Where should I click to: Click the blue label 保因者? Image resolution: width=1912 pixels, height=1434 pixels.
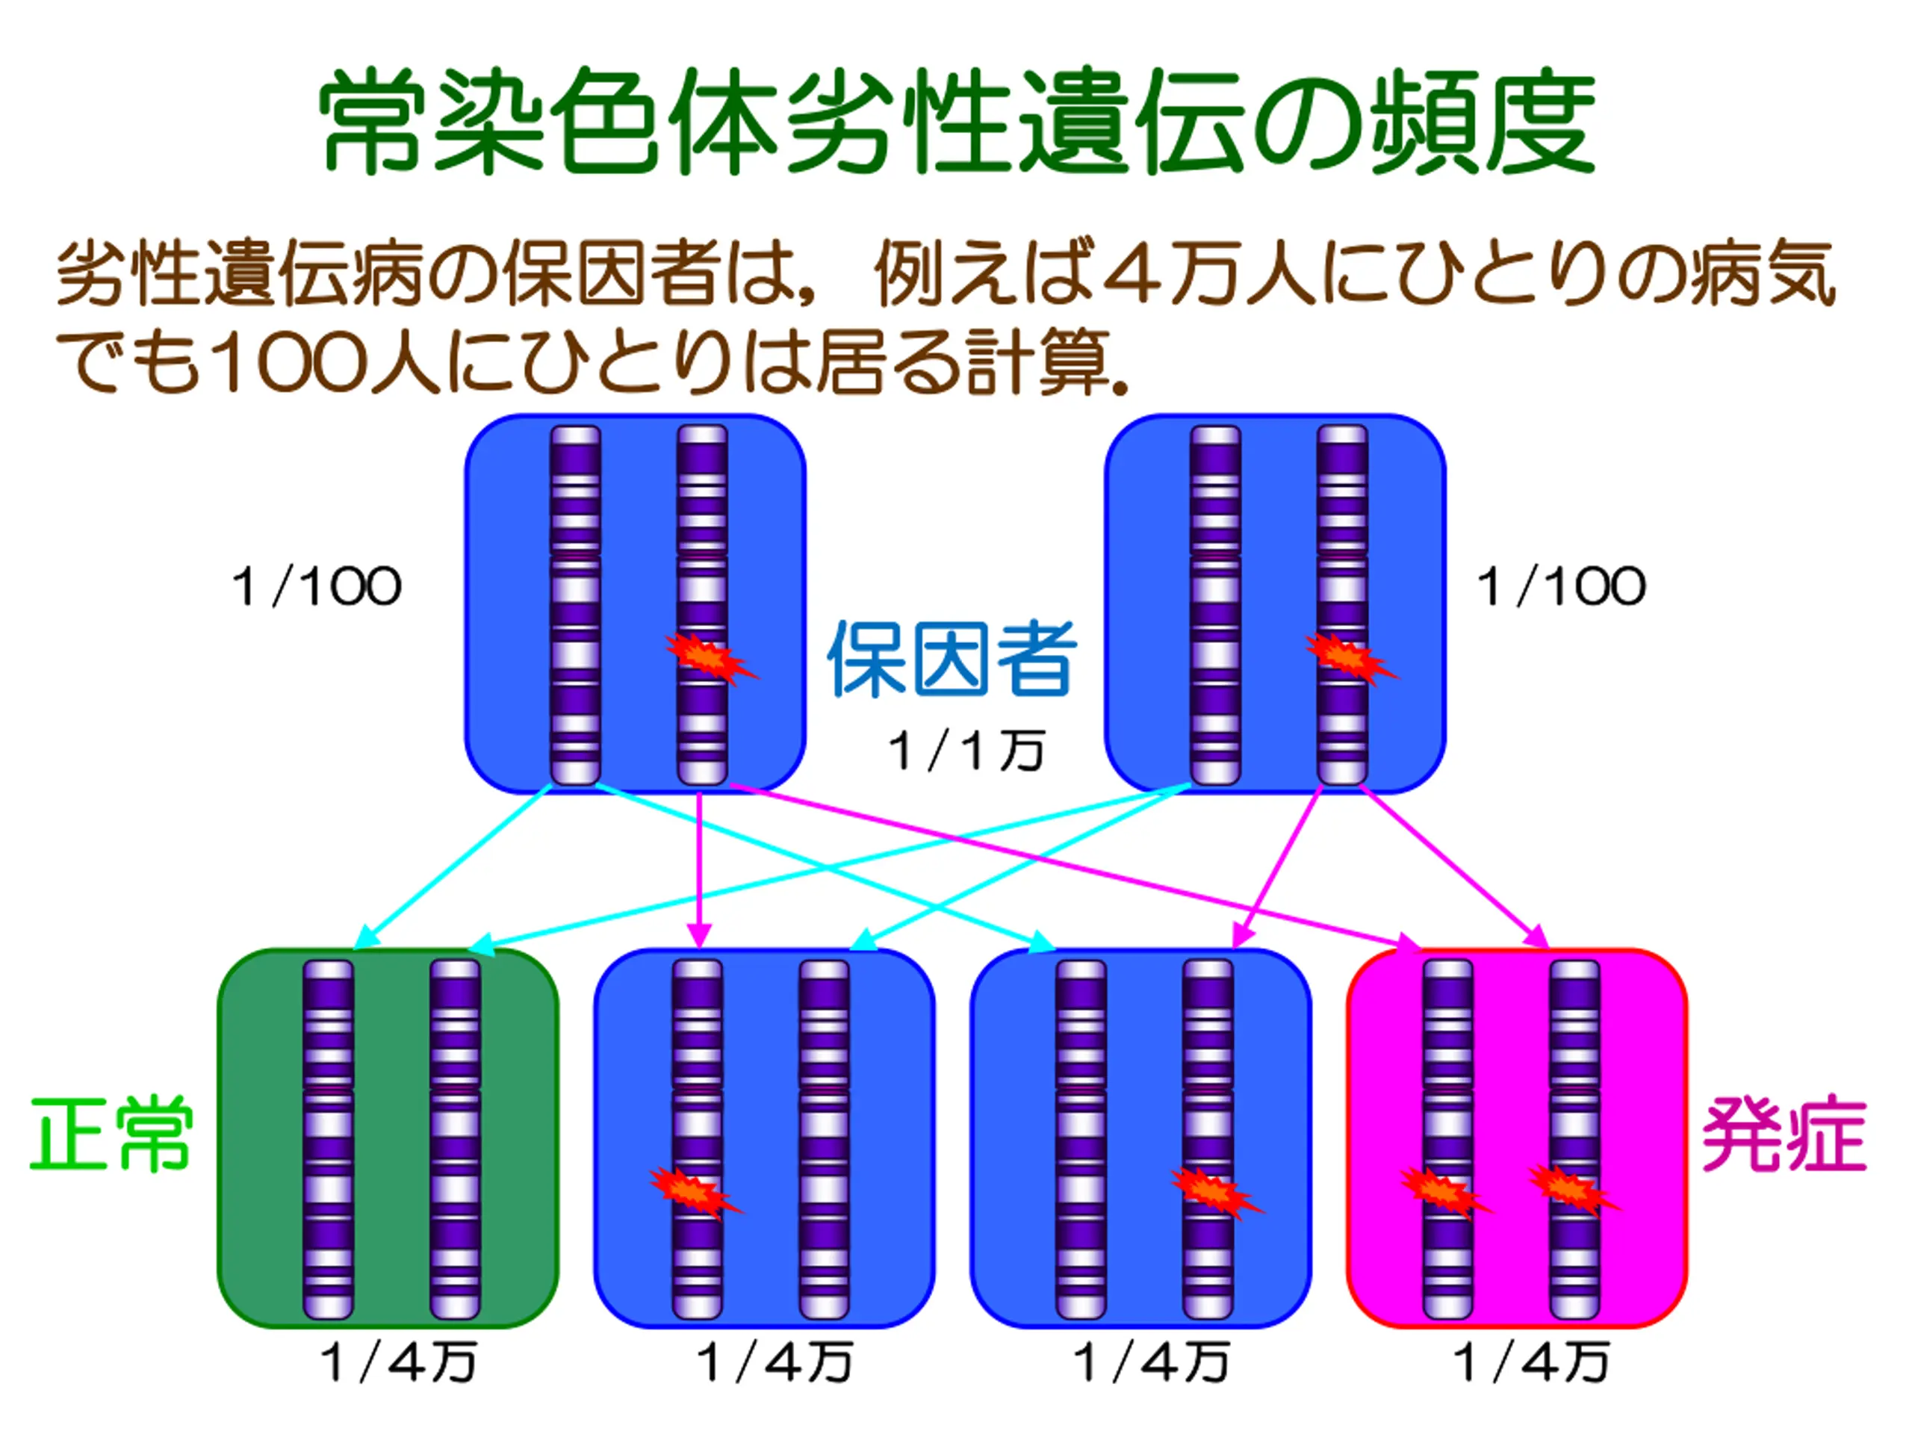click(952, 659)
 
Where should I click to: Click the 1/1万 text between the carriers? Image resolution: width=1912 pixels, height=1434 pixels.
click(966, 751)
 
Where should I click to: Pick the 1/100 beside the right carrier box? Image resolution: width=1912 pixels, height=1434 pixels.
click(1561, 587)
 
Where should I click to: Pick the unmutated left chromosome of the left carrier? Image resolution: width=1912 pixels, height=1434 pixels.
click(576, 605)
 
